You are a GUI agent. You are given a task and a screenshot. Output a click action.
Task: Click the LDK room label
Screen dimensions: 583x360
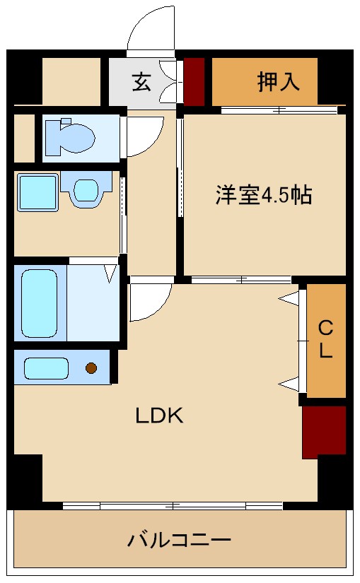coord(160,416)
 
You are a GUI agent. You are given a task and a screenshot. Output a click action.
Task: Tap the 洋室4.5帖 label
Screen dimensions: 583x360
coord(263,196)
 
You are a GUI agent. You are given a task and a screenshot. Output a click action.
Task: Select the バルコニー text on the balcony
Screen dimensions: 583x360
coord(179,541)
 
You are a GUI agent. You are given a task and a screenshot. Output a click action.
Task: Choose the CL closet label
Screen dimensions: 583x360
coord(325,339)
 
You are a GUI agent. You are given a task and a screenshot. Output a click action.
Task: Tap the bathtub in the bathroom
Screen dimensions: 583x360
coord(39,302)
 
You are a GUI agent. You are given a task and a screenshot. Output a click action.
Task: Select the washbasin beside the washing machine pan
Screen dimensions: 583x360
coord(86,190)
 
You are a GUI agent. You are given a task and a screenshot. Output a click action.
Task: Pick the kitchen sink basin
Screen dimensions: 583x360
coord(46,368)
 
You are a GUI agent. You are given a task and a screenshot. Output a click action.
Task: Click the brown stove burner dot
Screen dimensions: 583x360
coord(91,367)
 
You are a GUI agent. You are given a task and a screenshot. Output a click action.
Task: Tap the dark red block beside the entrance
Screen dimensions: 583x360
coord(194,81)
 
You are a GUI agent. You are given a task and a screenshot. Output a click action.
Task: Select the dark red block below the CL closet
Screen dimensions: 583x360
coord(324,431)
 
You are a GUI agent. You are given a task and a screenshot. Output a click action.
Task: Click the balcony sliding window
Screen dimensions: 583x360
coord(173,505)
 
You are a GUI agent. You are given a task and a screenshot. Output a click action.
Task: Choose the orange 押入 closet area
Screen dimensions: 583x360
coord(265,82)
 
